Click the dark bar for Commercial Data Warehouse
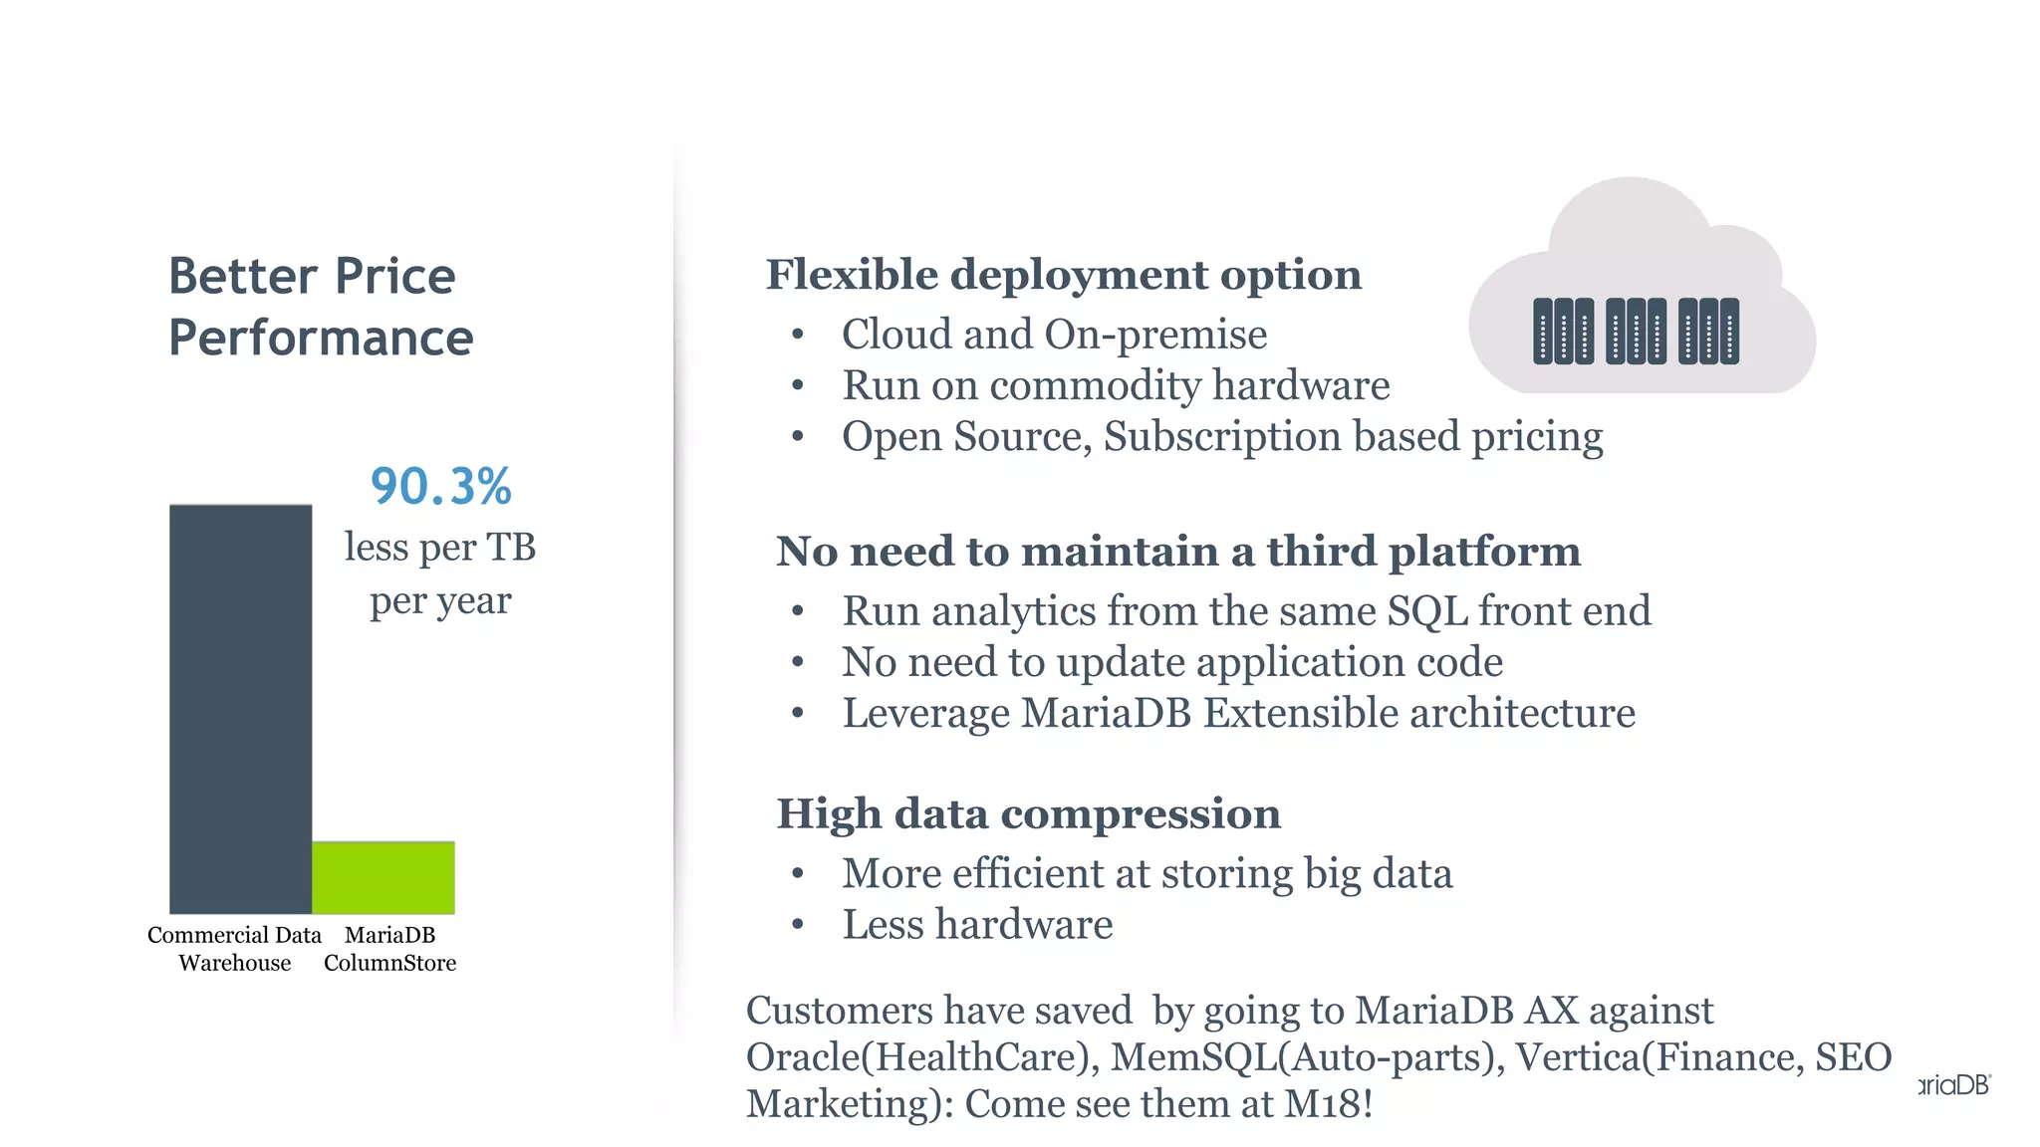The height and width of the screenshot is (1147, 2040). pos(240,708)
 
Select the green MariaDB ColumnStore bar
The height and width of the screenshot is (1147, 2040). pos(383,877)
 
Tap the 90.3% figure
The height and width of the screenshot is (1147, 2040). pos(440,487)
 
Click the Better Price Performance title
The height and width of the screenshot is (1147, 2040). pos(320,307)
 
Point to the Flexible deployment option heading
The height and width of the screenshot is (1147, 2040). pos(1063,275)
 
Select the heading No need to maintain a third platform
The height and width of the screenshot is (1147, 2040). pos(1178,551)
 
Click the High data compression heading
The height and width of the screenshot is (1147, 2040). pos(1028,813)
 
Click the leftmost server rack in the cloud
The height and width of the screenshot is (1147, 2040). pos(1563,332)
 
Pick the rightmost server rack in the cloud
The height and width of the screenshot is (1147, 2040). pos(1709,332)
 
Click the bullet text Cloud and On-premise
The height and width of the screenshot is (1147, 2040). pos(1054,335)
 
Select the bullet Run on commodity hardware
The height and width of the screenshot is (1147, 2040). pos(1116,385)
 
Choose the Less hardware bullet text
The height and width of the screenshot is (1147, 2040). pos(977,925)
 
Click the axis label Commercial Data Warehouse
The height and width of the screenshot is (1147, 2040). pos(235,949)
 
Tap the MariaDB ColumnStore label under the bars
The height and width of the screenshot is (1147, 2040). pos(389,949)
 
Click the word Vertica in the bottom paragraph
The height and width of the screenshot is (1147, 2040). pos(1577,1057)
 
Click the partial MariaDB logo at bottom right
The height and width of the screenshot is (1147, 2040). pos(1954,1085)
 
